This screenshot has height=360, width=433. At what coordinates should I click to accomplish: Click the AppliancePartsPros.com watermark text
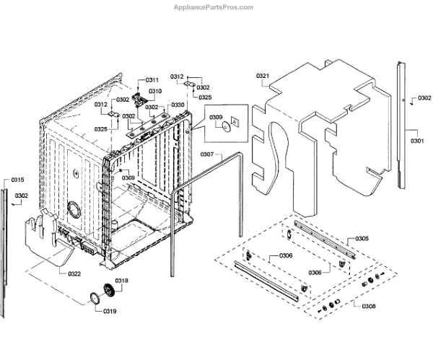214,7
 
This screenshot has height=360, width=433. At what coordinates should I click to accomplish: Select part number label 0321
263,76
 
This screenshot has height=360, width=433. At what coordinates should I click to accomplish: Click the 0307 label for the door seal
206,154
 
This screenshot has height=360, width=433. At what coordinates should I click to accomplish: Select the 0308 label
367,305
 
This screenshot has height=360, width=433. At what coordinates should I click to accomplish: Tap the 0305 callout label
362,239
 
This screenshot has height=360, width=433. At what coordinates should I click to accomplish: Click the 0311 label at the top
152,79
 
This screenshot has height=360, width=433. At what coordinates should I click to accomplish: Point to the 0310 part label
156,91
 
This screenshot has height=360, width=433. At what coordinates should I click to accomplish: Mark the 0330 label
177,105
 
